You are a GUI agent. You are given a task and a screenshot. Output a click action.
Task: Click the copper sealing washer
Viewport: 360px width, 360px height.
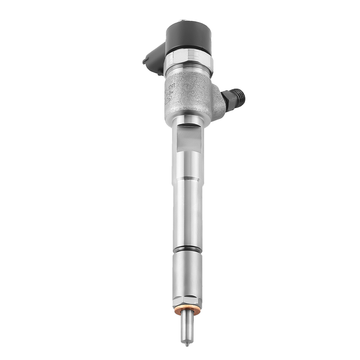187,310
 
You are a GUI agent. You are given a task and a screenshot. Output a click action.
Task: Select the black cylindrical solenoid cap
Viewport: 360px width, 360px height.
188,36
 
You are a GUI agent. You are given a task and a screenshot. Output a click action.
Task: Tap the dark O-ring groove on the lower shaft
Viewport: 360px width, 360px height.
187,249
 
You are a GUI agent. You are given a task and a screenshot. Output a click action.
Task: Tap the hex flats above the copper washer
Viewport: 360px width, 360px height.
187,301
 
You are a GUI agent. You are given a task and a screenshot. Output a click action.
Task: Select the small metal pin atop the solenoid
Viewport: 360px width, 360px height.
184,21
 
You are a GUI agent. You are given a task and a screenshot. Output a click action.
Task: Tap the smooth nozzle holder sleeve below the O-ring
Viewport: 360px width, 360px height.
187,274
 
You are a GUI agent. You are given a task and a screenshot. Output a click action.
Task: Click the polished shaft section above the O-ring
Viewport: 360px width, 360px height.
187,216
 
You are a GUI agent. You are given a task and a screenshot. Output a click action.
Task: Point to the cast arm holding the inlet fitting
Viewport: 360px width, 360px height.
218,103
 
